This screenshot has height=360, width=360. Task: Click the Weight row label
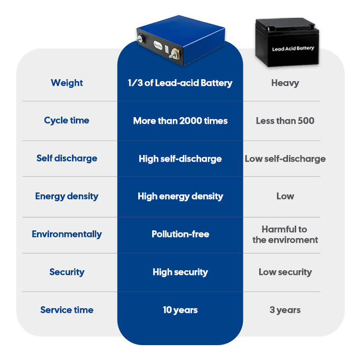click(67, 83)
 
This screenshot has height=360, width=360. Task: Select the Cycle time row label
click(67, 120)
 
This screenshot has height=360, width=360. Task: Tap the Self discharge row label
click(67, 158)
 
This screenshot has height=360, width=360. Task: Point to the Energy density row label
click(67, 196)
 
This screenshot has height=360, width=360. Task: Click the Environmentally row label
click(67, 234)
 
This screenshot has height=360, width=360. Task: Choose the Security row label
click(67, 272)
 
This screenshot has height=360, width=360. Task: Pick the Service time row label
click(67, 310)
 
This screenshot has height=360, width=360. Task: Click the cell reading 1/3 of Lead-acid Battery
click(180, 83)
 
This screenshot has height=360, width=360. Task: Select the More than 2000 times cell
click(180, 120)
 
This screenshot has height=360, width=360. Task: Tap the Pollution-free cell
click(180, 234)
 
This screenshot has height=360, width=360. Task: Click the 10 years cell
click(180, 310)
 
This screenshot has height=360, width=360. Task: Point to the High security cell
click(180, 272)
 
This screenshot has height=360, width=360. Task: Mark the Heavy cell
click(285, 83)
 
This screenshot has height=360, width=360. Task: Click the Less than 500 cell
click(285, 120)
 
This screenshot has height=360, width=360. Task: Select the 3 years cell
click(285, 310)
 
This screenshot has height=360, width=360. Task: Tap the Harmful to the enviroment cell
click(285, 234)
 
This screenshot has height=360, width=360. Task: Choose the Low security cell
click(285, 272)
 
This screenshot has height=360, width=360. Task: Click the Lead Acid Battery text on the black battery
click(293, 48)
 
